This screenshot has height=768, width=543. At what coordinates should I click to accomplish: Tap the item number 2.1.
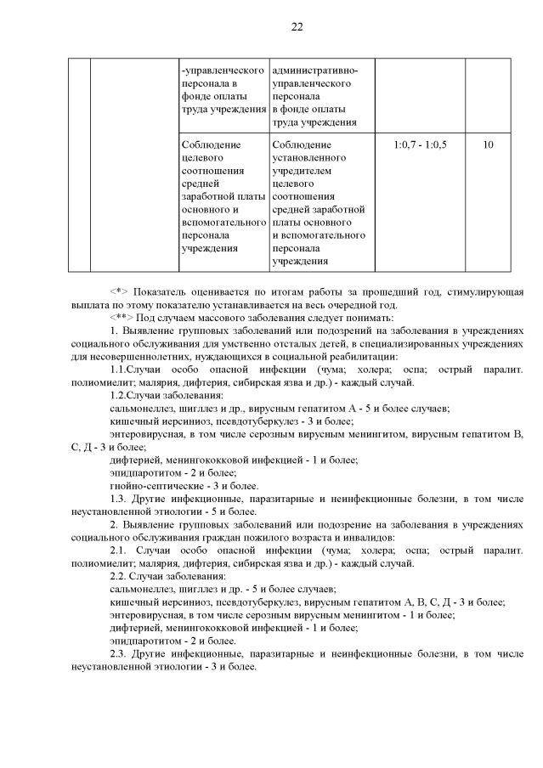(x=119, y=551)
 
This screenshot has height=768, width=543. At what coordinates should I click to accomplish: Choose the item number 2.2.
(x=119, y=576)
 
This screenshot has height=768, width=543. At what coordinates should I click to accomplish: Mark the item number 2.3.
(x=119, y=653)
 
